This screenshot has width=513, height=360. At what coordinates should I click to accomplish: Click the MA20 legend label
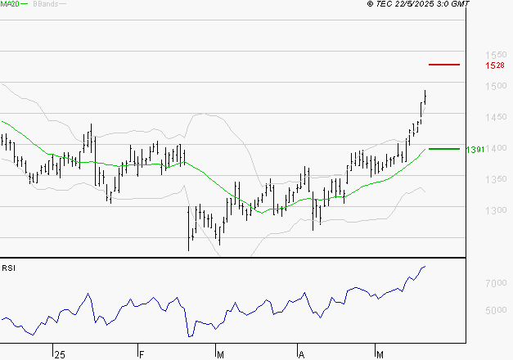pyautogui.click(x=11, y=4)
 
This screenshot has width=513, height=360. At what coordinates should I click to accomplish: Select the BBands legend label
pyautogui.click(x=45, y=4)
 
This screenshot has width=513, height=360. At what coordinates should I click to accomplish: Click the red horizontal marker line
pyautogui.click(x=444, y=64)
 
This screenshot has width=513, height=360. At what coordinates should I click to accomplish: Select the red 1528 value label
pyautogui.click(x=494, y=65)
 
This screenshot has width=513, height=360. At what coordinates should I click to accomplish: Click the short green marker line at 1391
pyautogui.click(x=444, y=149)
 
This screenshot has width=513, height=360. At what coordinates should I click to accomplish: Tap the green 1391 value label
pyautogui.click(x=475, y=150)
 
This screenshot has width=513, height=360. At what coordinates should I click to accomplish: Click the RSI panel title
pyautogui.click(x=9, y=268)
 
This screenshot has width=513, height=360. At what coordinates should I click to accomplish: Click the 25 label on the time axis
pyautogui.click(x=59, y=354)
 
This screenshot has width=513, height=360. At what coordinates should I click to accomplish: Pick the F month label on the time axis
pyautogui.click(x=140, y=354)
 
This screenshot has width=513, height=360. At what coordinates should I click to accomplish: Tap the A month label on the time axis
pyautogui.click(x=301, y=354)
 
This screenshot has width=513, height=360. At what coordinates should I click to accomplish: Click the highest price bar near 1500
pyautogui.click(x=425, y=96)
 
